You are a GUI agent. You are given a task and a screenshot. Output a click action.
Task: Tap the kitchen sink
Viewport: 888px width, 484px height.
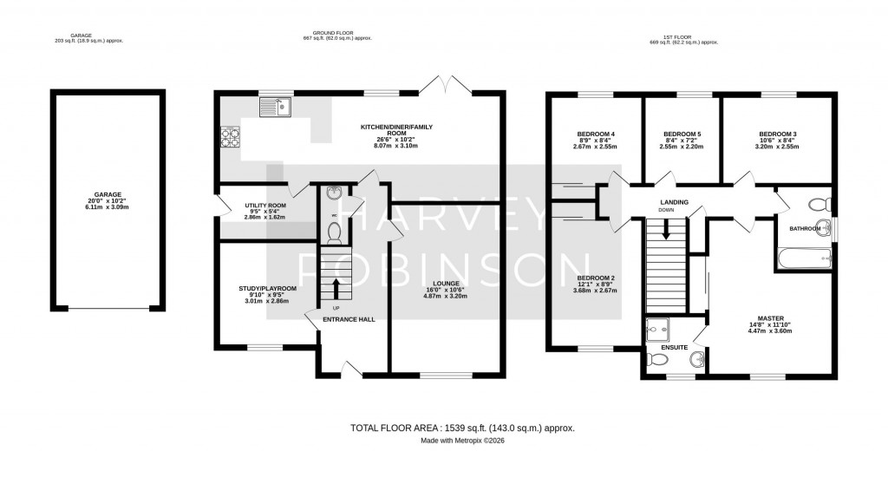pos(277,108)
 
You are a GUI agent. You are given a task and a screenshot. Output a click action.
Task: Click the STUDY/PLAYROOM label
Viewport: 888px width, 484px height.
pos(268,288)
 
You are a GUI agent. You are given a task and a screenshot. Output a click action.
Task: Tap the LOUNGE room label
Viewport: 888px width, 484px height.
pos(444,283)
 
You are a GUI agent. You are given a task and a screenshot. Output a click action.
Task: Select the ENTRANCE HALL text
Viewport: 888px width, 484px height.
pos(349,320)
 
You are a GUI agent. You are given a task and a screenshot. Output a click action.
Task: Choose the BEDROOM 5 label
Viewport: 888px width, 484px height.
pos(681,134)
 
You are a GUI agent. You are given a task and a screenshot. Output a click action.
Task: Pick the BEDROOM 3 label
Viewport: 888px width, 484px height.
pos(776,134)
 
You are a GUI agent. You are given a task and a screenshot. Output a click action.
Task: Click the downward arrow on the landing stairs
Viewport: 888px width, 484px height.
pos(666,230)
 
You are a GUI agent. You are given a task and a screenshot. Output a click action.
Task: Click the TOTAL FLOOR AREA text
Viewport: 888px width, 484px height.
pos(462,428)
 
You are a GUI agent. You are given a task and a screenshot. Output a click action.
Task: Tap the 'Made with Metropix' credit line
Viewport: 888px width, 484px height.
pos(462,441)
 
